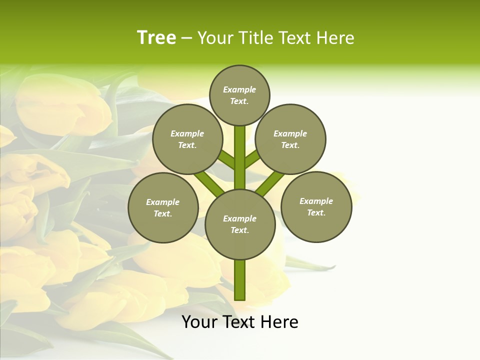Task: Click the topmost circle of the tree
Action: coord(239,95)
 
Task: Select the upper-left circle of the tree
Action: coord(187,139)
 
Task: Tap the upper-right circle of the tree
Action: coord(290,139)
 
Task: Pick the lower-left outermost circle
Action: coord(163,207)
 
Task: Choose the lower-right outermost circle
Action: coord(316,206)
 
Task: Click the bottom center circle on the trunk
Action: coord(240,224)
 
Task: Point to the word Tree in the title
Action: coord(156,38)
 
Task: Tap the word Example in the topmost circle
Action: coord(239,89)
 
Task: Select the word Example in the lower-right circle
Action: coord(316,201)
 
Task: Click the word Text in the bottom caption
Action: coord(239,322)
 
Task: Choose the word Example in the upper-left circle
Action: coord(187,133)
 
